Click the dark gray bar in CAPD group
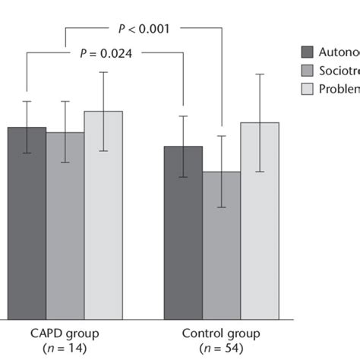tap(27, 228)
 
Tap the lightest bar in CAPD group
tap(103, 220)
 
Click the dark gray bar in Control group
tap(183, 235)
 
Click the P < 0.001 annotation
tap(143, 30)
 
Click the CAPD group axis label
tap(65, 333)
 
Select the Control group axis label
tap(221, 333)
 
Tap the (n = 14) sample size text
tap(65, 349)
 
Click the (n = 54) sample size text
tap(221, 349)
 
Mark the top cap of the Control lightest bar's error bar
tap(260, 74)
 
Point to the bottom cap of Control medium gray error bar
tap(221, 207)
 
